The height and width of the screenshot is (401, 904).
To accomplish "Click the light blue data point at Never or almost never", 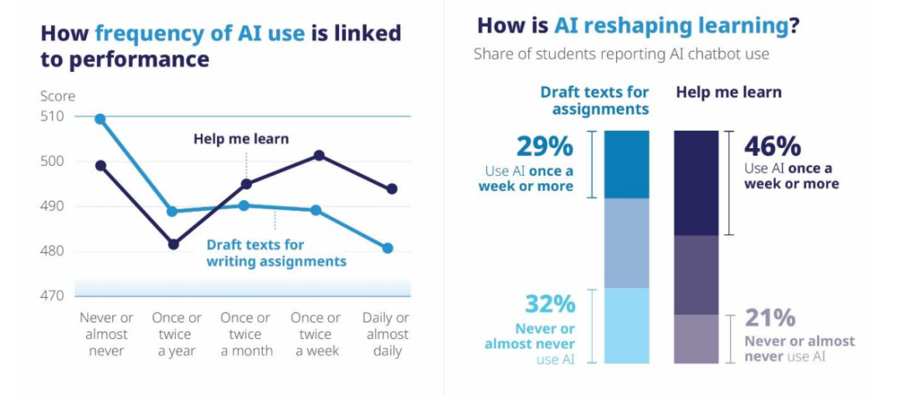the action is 100,120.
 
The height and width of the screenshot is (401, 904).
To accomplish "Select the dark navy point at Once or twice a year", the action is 173,244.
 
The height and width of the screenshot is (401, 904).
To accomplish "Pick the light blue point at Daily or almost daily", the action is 388,248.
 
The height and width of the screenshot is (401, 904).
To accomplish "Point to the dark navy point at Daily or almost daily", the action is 392,188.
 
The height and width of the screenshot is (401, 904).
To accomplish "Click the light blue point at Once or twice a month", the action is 244,205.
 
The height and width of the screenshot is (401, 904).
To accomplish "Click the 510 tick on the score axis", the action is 53,116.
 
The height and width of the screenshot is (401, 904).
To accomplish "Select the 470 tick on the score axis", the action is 53,296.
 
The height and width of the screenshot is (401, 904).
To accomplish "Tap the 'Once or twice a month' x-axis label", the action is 246,334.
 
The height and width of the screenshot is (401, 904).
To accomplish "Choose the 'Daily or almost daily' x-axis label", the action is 386,334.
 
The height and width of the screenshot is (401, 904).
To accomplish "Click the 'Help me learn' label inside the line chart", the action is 241,139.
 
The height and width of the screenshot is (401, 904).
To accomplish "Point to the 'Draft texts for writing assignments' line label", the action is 277,253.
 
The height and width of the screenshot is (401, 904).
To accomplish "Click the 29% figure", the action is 546,147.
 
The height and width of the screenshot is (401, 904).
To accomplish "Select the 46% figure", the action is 773,147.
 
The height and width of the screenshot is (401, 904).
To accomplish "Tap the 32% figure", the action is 549,305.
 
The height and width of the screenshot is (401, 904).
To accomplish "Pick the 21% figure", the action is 770,318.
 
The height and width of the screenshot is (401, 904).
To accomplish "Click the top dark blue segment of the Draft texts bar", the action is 627,164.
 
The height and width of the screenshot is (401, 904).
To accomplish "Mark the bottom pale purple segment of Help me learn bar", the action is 696,339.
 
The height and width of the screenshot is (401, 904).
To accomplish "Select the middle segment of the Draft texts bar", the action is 627,244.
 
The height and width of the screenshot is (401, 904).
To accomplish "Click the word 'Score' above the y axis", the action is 58,96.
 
